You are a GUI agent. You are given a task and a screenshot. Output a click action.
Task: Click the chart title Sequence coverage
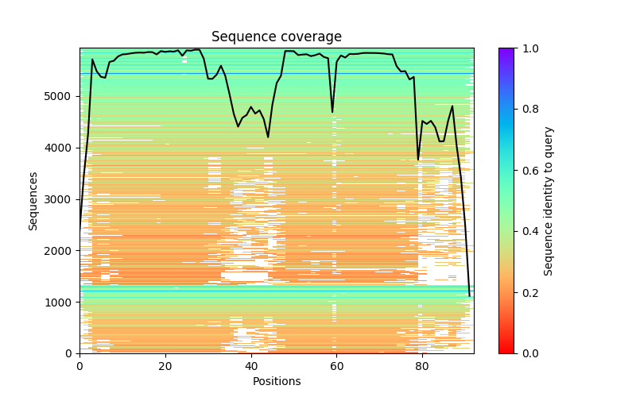coord(277,37)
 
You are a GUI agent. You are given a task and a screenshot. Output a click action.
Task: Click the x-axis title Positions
coord(277,381)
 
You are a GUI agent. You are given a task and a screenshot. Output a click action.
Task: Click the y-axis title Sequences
coord(33,201)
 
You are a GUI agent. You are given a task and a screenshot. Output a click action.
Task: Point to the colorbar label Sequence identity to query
coord(549,201)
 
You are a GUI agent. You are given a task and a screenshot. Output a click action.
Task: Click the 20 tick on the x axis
coord(165,366)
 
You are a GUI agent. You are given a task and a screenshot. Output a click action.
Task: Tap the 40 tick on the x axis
coord(251,366)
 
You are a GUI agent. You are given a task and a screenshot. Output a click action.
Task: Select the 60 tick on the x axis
coord(336,366)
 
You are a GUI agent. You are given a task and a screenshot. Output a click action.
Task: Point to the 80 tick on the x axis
coord(422,366)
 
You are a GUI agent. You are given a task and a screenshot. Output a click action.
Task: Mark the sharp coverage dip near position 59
coord(332,111)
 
